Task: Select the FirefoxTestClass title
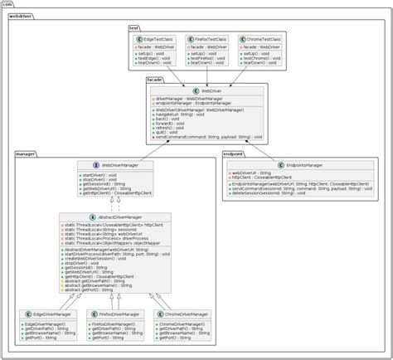[x=211, y=39]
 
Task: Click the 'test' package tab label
[x=134, y=27]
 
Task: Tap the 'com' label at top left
[x=7, y=5]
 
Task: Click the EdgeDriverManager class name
[x=52, y=314]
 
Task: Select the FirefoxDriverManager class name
[x=116, y=314]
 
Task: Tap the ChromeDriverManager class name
[x=185, y=314]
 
